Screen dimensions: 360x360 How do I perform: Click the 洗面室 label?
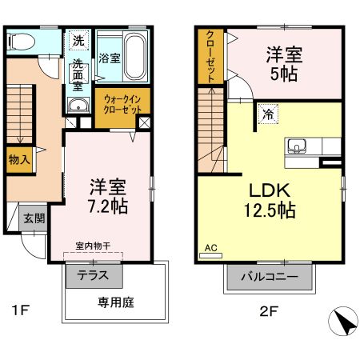[79, 73]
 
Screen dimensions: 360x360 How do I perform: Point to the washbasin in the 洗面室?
[78, 110]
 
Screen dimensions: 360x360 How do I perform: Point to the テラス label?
[94, 276]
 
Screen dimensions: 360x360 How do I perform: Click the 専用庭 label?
[114, 303]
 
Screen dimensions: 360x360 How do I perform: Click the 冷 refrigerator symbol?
[266, 114]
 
